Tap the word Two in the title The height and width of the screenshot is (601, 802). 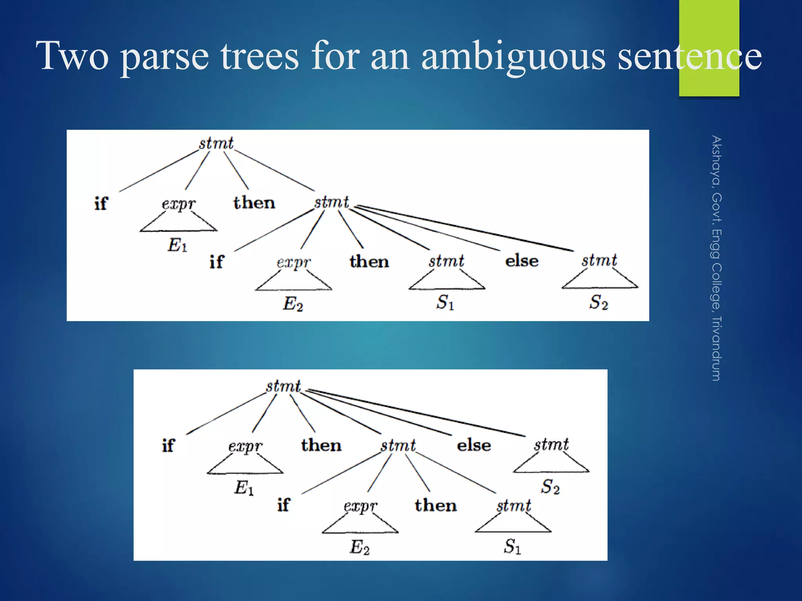click(x=72, y=57)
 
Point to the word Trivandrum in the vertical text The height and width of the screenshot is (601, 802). click(x=716, y=348)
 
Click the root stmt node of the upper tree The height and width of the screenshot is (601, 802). click(x=216, y=143)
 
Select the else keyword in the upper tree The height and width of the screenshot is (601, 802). click(x=522, y=261)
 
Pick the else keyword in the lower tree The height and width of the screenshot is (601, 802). click(x=474, y=445)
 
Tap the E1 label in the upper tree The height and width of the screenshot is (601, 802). click(x=177, y=245)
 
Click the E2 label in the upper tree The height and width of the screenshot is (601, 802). click(x=293, y=304)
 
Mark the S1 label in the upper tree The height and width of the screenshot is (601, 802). click(x=445, y=302)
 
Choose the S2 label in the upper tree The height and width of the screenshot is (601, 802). click(x=598, y=302)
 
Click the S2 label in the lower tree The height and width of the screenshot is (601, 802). click(x=550, y=487)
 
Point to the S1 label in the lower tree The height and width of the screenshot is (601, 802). click(x=512, y=546)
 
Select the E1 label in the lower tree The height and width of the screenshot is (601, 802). click(x=244, y=488)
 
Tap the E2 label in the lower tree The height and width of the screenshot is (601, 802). click(x=359, y=547)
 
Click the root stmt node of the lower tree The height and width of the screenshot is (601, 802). click(x=283, y=386)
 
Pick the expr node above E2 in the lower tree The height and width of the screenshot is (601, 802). click(x=360, y=506)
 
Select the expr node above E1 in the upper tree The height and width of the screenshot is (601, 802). click(x=179, y=204)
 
